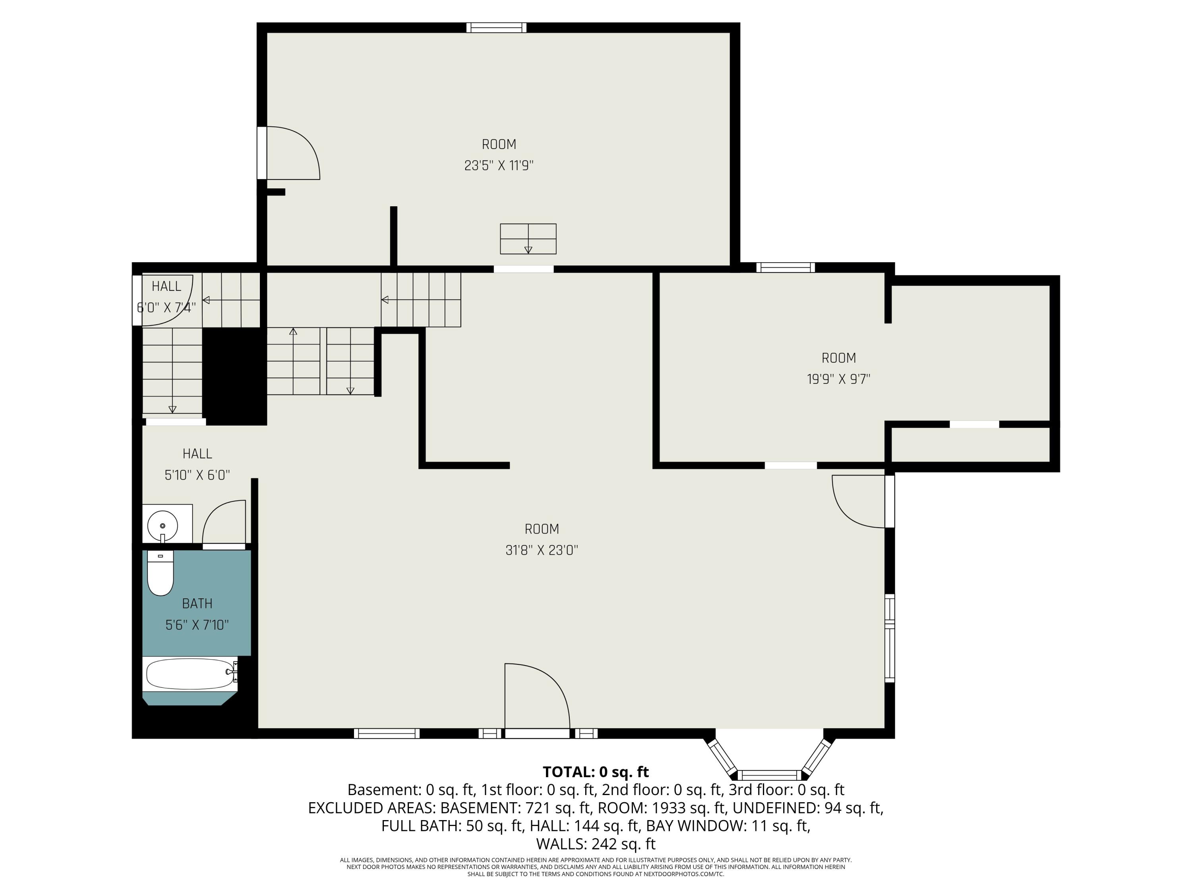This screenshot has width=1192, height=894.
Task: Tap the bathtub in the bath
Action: [x=190, y=673]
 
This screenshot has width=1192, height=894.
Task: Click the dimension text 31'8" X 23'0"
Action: [x=542, y=550]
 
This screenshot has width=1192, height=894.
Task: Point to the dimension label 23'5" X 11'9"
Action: [x=499, y=165]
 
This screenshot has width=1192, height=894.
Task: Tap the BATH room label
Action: [x=197, y=604]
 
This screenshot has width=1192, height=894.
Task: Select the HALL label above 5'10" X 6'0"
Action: [x=197, y=454]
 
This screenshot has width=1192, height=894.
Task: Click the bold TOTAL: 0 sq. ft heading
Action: [x=596, y=772]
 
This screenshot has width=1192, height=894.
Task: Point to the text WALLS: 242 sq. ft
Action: [x=596, y=844]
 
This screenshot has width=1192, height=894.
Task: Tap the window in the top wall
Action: [x=496, y=27]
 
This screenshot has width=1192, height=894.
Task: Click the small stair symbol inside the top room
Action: [x=528, y=239]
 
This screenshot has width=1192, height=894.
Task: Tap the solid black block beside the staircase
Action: [x=234, y=376]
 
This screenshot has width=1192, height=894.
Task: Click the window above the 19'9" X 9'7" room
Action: [x=785, y=267]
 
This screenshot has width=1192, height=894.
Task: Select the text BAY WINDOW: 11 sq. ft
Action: [x=728, y=826]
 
